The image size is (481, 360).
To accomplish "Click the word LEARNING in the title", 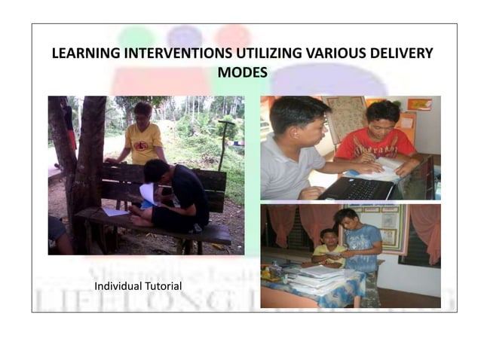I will pos(84,54).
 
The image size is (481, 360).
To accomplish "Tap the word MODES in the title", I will pos(241,72).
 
